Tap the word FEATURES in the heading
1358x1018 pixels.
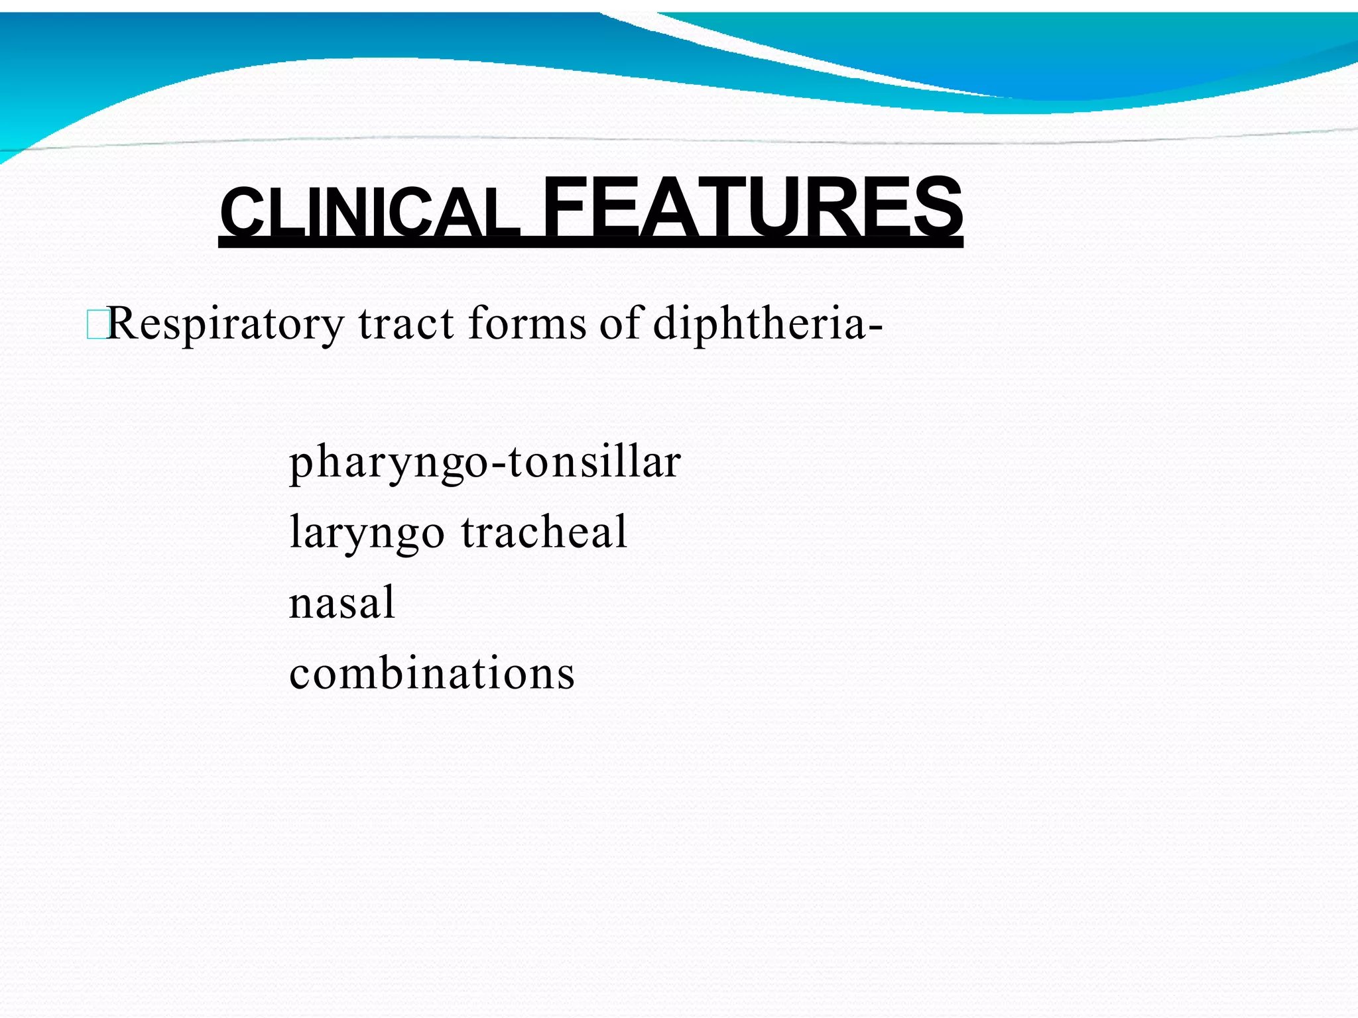pos(752,207)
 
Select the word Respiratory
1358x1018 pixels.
pos(225,325)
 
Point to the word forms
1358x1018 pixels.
pos(526,324)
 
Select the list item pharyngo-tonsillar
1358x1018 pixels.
pos(485,463)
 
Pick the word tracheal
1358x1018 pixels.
pos(544,532)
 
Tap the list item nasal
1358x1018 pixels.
pos(342,602)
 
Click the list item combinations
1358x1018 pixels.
pos(432,673)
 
